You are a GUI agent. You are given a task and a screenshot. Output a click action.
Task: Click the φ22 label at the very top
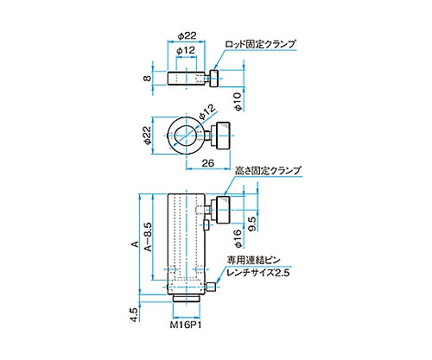(187, 35)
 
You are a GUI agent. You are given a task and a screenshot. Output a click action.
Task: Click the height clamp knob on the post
(220, 210)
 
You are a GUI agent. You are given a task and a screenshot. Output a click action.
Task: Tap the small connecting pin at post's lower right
(210, 288)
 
